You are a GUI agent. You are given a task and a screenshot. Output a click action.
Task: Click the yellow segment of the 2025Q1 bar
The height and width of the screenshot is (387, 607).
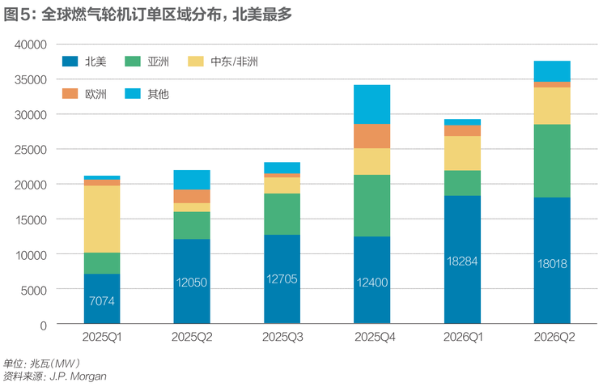[102, 219]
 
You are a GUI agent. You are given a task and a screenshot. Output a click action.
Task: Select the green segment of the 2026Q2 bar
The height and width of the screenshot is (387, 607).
[552, 161]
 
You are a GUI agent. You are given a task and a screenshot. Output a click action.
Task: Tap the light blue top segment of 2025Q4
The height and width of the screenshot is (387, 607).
[372, 104]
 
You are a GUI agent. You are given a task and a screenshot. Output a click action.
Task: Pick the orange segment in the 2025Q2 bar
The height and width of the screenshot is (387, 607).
[192, 197]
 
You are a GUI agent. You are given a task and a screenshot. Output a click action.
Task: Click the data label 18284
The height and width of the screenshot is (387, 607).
[462, 261]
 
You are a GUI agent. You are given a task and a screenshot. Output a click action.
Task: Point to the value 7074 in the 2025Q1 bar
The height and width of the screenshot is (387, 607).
[102, 301]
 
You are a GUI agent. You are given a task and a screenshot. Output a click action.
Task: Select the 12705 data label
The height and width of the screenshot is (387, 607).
[282, 279]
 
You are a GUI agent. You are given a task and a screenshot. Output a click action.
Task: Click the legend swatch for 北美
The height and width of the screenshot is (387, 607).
[70, 62]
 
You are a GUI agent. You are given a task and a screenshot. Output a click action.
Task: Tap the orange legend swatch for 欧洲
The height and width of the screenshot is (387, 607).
[70, 93]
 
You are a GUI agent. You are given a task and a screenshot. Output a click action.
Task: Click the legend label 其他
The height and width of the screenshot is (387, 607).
[158, 94]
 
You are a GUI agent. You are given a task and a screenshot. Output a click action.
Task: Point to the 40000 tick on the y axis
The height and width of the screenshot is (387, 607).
[31, 45]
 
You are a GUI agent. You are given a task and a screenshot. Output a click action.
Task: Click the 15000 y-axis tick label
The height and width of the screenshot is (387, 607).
[31, 219]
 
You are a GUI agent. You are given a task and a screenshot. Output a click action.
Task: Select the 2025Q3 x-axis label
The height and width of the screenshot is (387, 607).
[282, 337]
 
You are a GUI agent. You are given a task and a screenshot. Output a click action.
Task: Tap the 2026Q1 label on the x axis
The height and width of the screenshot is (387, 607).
[463, 337]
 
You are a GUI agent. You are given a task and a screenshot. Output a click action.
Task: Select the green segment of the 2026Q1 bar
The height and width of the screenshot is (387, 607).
[462, 183]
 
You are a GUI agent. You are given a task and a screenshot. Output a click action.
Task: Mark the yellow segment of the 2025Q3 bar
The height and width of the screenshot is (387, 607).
[282, 185]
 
